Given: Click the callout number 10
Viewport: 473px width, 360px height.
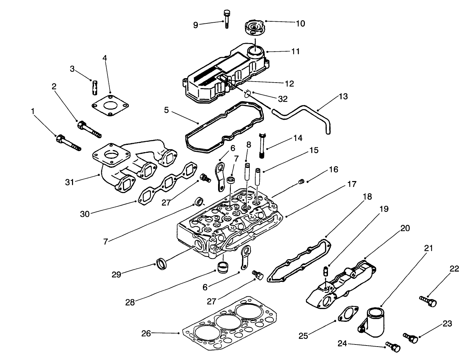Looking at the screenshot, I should click(x=300, y=23).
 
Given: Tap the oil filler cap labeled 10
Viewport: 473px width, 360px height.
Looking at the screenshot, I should click(x=255, y=28).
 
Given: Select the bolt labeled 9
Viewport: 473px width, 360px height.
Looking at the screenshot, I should click(x=226, y=19).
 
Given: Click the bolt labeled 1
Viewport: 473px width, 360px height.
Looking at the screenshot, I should click(x=69, y=142).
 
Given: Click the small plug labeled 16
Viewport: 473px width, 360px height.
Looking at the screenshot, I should click(x=301, y=182).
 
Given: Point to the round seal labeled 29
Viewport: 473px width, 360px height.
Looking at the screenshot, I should click(x=163, y=264).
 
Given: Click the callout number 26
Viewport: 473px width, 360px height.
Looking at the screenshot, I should click(x=146, y=333).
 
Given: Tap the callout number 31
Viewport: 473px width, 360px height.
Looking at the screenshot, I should click(x=70, y=182).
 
